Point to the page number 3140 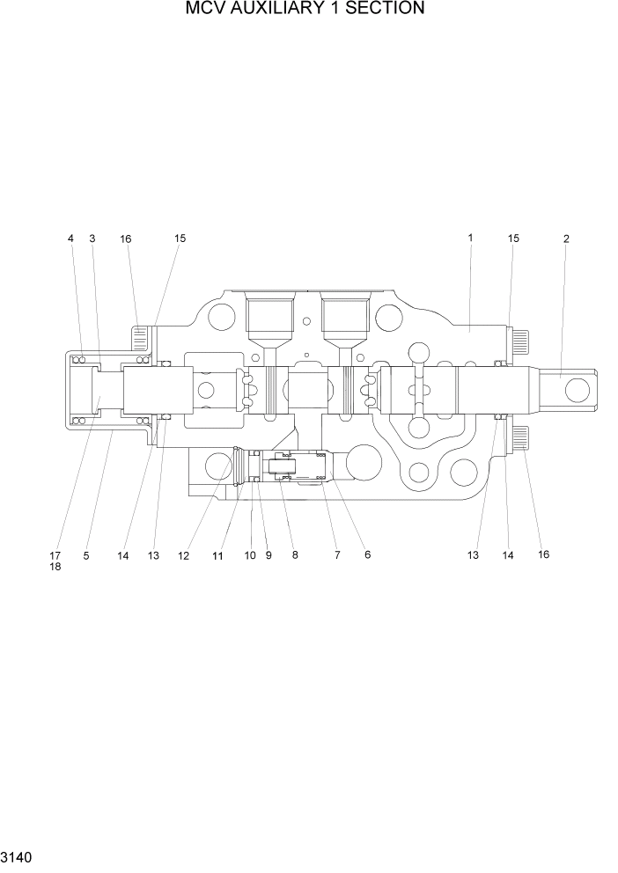(18, 856)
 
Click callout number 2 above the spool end (566, 238)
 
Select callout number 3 (92, 238)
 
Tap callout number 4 (71, 238)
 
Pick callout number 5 (86, 555)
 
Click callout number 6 (367, 555)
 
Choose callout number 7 (335, 555)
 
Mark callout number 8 (295, 555)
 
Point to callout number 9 (269, 555)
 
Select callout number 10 (250, 555)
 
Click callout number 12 (184, 555)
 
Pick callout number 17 (55, 555)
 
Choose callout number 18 (55, 568)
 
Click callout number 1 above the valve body (471, 238)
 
